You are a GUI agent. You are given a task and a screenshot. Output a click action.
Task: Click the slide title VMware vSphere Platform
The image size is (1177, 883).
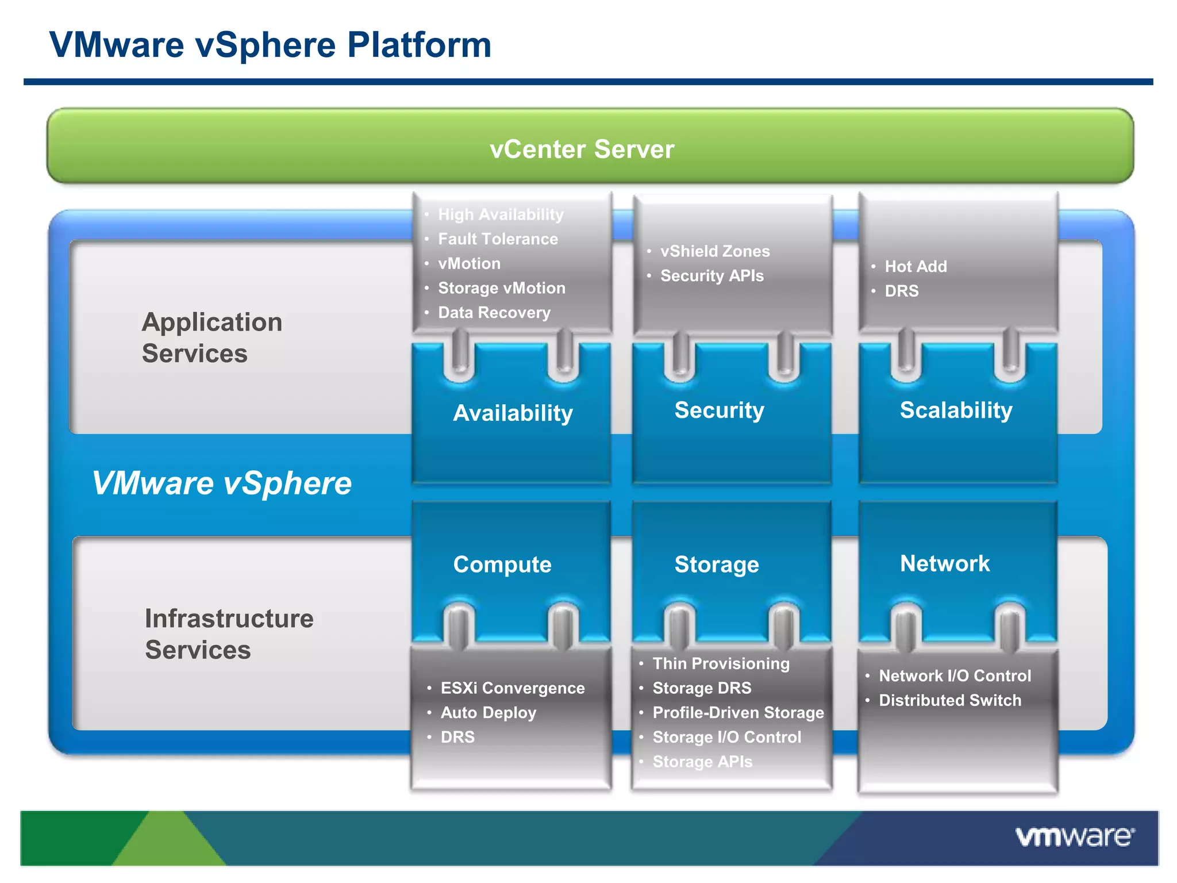click(x=270, y=45)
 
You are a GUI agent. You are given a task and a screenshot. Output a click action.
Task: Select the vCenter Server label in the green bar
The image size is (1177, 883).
click(x=582, y=149)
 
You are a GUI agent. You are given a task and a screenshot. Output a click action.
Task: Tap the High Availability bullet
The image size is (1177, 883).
click(x=501, y=214)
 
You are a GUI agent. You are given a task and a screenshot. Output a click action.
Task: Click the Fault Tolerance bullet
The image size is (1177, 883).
click(x=498, y=239)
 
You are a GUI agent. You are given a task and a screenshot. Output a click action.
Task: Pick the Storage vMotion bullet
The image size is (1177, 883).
click(x=501, y=287)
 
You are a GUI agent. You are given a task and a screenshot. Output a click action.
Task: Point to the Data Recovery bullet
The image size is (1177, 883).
click(x=494, y=312)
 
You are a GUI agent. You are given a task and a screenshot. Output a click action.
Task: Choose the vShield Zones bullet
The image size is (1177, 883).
click(x=714, y=251)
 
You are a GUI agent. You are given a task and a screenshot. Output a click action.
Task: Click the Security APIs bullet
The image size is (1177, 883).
click(x=711, y=275)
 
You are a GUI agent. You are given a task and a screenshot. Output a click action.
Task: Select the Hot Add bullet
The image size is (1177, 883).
click(x=916, y=266)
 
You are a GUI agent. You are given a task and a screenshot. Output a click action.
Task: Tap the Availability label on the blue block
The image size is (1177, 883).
click(x=513, y=413)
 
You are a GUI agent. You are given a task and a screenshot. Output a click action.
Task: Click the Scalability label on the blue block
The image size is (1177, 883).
click(x=956, y=410)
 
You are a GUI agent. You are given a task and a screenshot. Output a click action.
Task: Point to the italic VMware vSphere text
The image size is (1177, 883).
click(x=222, y=483)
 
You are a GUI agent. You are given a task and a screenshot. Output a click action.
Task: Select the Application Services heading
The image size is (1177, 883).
click(x=211, y=337)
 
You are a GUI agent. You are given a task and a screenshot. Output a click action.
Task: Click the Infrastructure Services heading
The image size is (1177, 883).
click(x=229, y=634)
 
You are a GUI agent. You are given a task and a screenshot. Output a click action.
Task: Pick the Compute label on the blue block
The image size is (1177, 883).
click(x=502, y=564)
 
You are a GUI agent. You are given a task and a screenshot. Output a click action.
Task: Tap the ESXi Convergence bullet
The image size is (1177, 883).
click(x=512, y=688)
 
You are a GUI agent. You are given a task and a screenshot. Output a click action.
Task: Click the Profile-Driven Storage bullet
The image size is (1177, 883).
click(x=738, y=712)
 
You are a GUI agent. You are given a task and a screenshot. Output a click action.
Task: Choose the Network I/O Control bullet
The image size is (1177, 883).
click(x=955, y=675)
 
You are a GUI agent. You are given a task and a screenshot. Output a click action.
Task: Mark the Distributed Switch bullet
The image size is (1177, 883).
click(x=950, y=700)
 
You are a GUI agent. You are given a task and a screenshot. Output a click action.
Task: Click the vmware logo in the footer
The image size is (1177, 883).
click(x=1074, y=836)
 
